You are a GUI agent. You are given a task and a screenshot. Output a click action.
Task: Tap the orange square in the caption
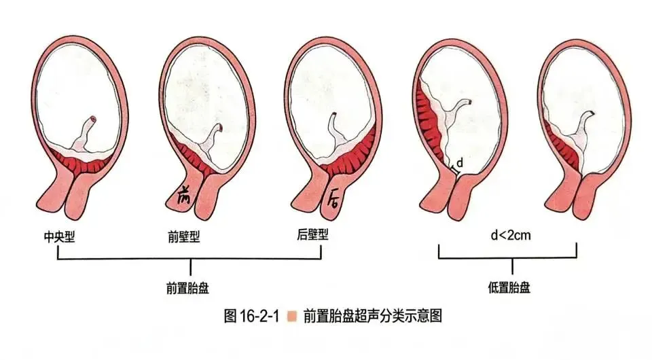coord(292,317)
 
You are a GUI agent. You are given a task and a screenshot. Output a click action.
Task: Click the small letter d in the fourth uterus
coord(460,163)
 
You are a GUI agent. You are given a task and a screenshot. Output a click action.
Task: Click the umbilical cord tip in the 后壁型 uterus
coord(334,114)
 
